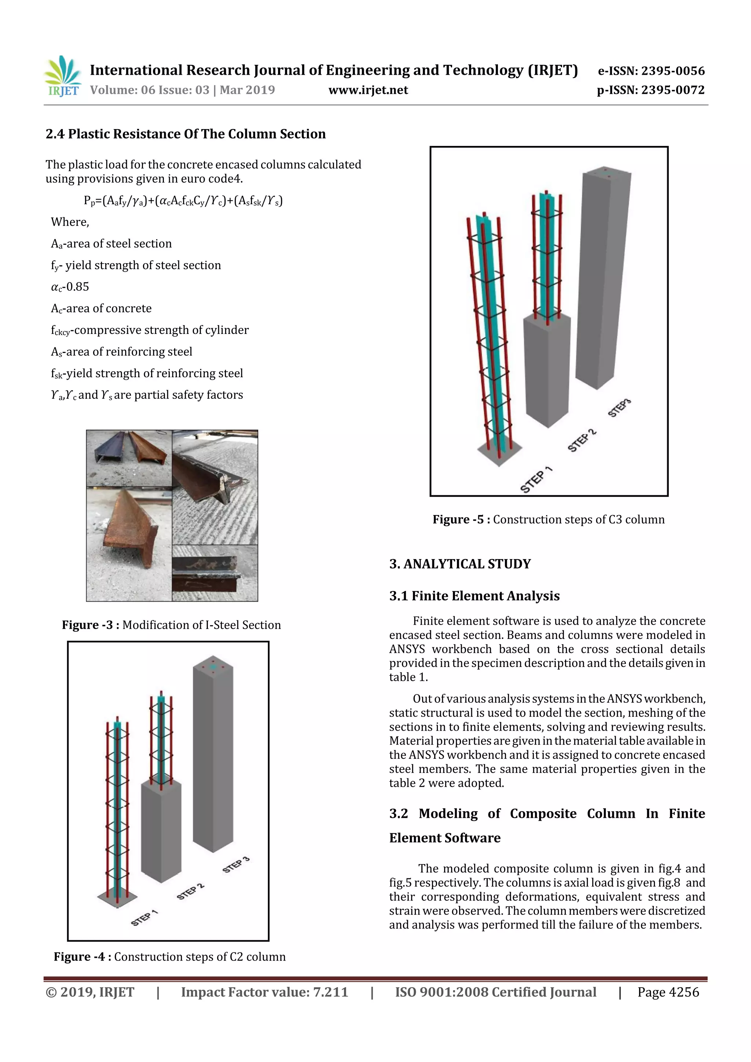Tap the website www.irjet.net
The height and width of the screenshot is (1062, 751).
point(368,90)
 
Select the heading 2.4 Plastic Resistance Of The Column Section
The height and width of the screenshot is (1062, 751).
point(186,134)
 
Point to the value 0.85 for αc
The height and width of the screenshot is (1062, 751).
point(77,287)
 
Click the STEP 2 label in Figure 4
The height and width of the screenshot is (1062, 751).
point(190,891)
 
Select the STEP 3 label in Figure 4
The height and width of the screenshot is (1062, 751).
point(236,864)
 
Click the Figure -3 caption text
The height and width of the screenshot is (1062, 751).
point(171,625)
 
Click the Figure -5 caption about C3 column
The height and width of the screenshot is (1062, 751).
point(548,519)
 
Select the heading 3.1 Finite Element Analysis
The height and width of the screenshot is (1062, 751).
point(474,596)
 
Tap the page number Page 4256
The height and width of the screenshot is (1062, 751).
point(668,992)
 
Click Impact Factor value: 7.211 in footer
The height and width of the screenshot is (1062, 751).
point(264,992)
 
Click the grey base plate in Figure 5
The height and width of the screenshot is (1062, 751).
point(499,450)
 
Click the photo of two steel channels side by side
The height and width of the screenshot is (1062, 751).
point(129,457)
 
